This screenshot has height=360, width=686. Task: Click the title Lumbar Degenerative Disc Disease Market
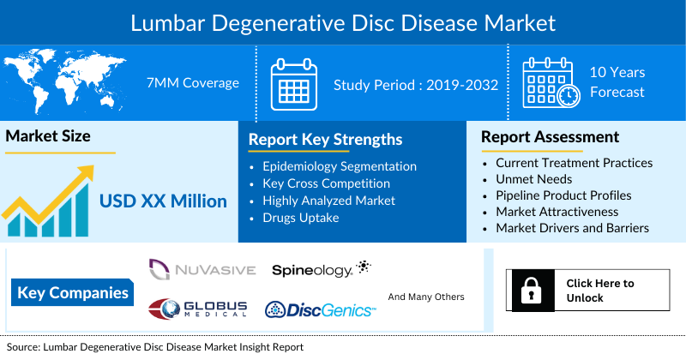point(342,21)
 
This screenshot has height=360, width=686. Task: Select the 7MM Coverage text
point(192,83)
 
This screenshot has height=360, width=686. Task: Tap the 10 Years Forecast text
point(617,82)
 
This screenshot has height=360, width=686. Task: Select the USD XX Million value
point(163,201)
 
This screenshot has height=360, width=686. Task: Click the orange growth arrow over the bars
point(51,193)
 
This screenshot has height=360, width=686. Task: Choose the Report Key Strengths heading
point(325,140)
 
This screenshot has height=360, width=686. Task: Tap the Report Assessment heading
point(550,137)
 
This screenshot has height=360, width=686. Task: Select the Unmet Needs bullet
point(533,179)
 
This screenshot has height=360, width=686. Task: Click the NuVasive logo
point(202,270)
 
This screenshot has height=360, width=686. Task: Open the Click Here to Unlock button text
point(600,291)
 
